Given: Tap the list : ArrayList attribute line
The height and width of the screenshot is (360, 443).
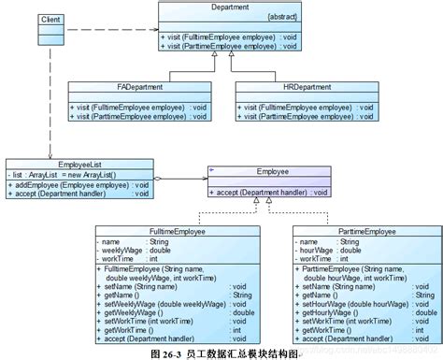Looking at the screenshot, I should (65, 174).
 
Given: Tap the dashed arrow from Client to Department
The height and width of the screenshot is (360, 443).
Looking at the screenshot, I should (103, 25).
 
